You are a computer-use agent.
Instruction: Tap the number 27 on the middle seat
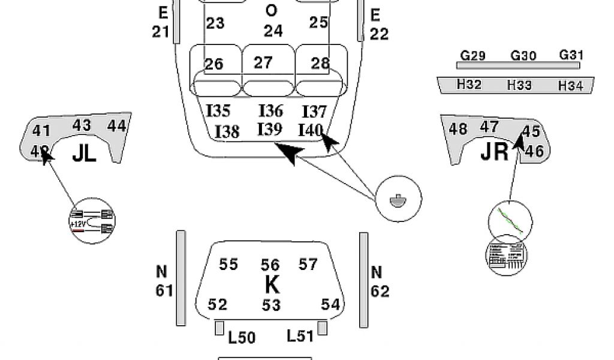coord(263,62)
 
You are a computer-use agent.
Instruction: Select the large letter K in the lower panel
coord(272,284)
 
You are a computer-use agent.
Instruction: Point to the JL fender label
coord(84,154)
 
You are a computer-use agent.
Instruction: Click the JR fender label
coord(495,152)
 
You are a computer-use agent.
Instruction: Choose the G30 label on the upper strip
coord(523,56)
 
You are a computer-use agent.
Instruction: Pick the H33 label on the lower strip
coord(519,86)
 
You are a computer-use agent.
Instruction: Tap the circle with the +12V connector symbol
coord(92,220)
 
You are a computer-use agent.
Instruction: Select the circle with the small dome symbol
coord(398,199)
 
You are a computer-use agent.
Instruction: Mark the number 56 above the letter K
coord(270,265)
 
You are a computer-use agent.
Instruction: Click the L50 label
coord(242,338)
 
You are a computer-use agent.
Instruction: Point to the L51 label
coord(300,336)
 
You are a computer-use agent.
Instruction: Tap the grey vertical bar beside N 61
coord(180,278)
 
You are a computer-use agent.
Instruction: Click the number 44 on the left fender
coord(117,125)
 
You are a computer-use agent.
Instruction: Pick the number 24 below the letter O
coord(273,31)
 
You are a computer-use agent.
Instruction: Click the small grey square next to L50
coord(219,328)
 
